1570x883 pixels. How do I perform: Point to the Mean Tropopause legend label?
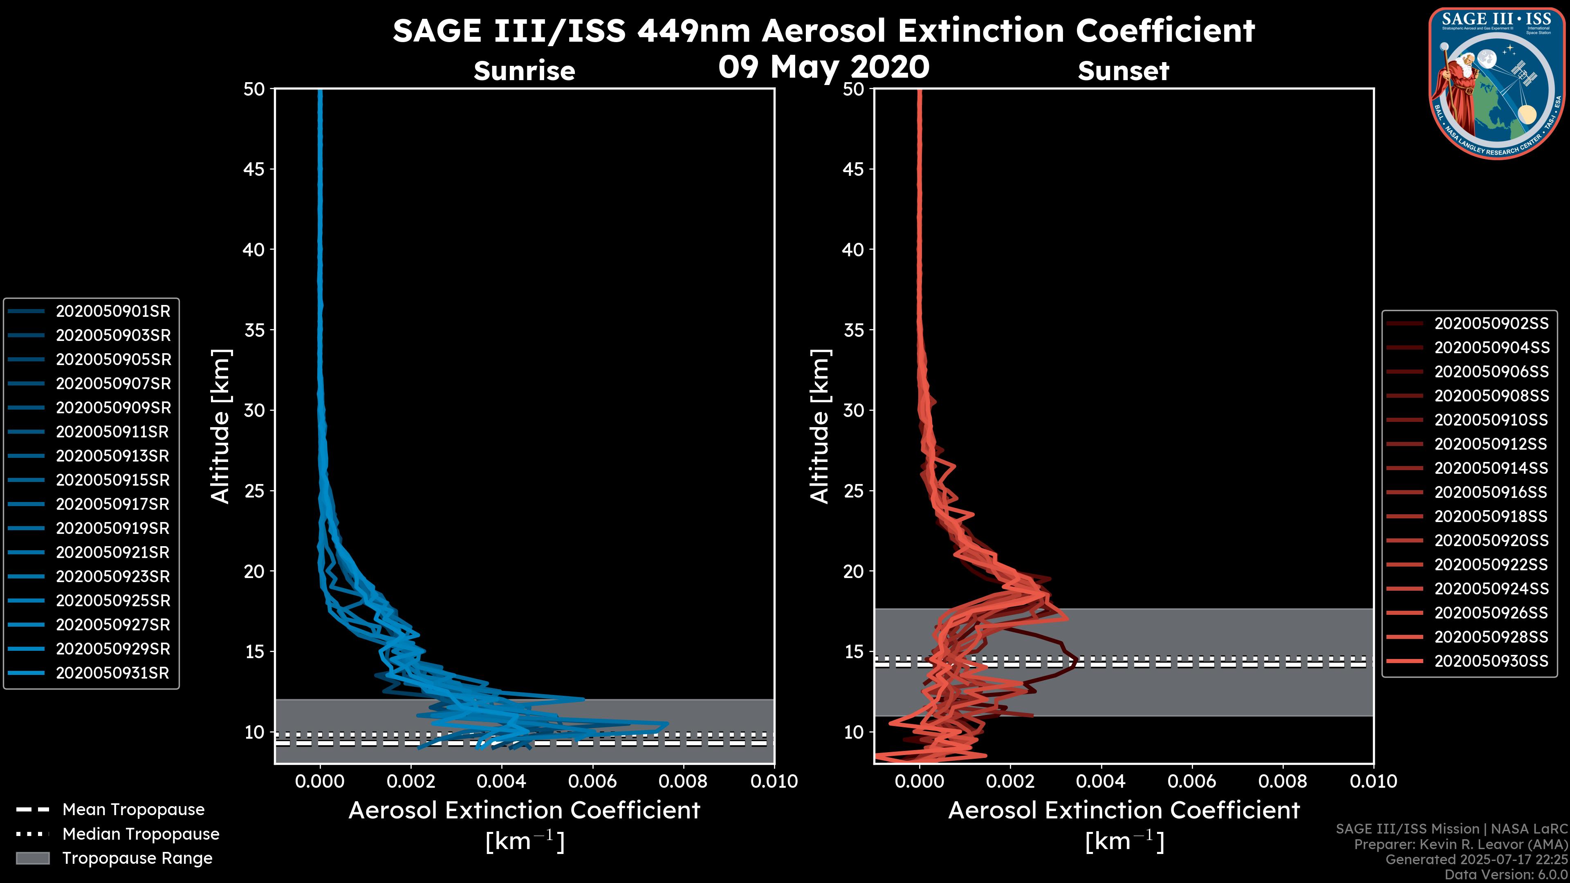(133, 810)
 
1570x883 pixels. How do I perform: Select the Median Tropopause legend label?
(141, 834)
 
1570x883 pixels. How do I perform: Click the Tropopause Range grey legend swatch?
(32, 858)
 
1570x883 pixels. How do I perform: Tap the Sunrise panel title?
(524, 71)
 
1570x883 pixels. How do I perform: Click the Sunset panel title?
(1123, 71)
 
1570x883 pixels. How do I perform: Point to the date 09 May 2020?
(823, 67)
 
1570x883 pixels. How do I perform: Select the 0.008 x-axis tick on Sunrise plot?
(683, 781)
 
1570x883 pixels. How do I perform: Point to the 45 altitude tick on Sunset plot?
(854, 169)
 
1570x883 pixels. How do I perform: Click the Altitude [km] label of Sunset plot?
(820, 426)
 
